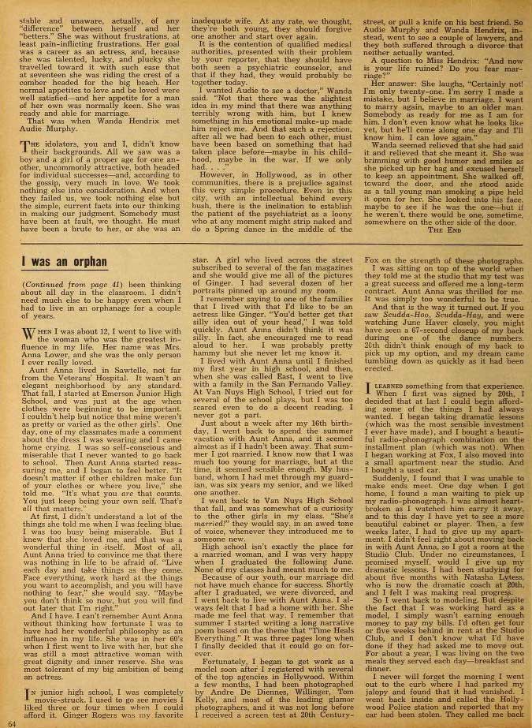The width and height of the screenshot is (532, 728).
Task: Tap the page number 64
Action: pyautogui.click(x=12, y=721)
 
